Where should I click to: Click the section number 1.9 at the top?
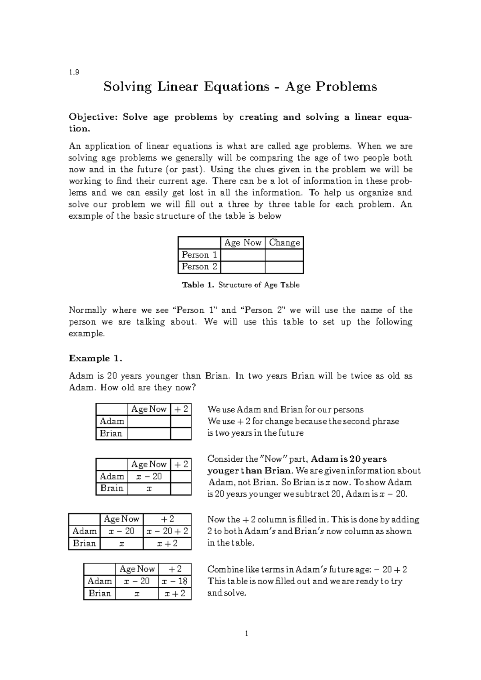click(74, 72)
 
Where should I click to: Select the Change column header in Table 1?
click(284, 243)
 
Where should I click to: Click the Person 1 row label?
click(199, 255)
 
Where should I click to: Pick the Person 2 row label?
click(199, 267)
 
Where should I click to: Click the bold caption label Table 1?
click(198, 285)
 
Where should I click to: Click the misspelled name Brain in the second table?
click(112, 488)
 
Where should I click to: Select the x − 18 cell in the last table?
click(175, 581)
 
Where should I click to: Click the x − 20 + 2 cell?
click(167, 531)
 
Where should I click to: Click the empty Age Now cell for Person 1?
click(243, 255)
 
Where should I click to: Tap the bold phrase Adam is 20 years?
click(349, 459)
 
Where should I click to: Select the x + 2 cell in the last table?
click(175, 593)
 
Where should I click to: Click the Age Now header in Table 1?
click(243, 243)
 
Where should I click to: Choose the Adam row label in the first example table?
click(112, 421)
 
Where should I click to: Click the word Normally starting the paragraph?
click(88, 310)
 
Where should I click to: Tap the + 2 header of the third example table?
click(167, 519)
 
